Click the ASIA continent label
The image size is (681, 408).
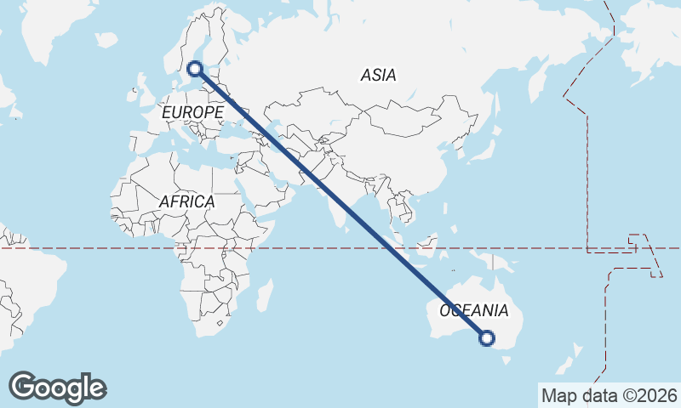pos(378,75)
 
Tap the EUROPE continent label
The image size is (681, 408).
pos(192,111)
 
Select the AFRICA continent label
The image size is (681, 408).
pos(186,202)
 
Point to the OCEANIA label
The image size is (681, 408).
pos(474,310)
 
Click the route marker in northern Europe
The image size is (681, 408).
pos(194,69)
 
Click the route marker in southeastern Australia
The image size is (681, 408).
pos(487,338)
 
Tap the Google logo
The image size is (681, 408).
pos(57,388)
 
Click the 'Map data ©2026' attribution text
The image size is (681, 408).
pos(609,395)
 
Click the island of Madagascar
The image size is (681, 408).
pos(265,295)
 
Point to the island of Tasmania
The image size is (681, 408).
pos(508,360)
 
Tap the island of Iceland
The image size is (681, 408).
pos(106,39)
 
